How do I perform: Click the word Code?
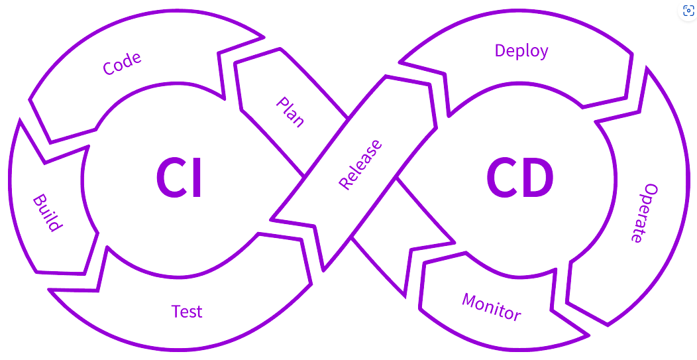(x=122, y=64)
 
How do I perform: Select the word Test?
(x=187, y=311)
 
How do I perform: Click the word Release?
(x=360, y=164)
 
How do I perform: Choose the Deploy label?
(x=521, y=50)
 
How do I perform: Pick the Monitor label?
(x=492, y=306)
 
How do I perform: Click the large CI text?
(x=179, y=178)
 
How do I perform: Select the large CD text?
(x=520, y=178)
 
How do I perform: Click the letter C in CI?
(x=170, y=178)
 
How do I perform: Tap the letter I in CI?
(x=195, y=178)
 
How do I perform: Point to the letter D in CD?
(x=537, y=178)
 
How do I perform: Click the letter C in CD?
(x=502, y=178)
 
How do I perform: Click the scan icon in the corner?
(x=688, y=11)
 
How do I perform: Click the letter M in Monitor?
(x=470, y=300)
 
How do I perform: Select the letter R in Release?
(x=345, y=183)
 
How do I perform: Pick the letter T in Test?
(x=176, y=311)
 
